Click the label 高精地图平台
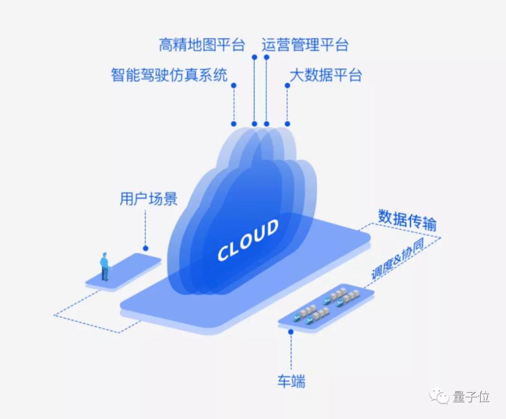tap(202, 45)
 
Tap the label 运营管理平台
tap(305, 45)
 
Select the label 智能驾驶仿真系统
tap(170, 75)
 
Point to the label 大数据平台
tap(325, 75)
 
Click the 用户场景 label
tap(149, 199)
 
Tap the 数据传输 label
tap(407, 220)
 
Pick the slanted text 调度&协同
tap(397, 259)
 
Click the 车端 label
tap(291, 381)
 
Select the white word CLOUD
tap(248, 240)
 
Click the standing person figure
tap(104, 266)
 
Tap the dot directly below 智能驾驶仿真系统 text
tap(234, 86)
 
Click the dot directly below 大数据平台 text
tap(287, 86)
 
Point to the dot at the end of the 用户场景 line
tap(146, 248)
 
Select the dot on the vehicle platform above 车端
tap(291, 332)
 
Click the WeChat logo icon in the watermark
tap(439, 396)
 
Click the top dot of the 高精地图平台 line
tap(255, 57)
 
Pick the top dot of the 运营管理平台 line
tap(267, 57)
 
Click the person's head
tap(105, 254)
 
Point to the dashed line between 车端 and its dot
tap(291, 352)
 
